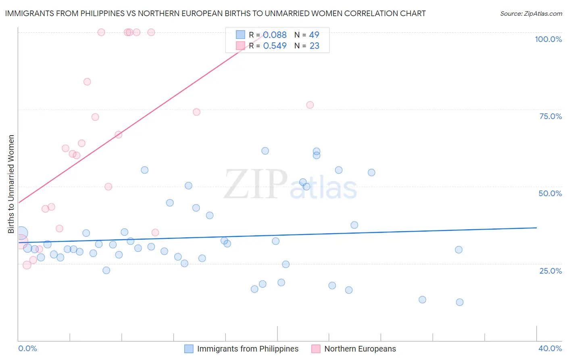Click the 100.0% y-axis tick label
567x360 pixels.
click(548, 39)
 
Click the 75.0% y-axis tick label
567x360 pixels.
click(550, 116)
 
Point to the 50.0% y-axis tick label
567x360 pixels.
click(550, 193)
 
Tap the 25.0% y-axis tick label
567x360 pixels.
click(550, 271)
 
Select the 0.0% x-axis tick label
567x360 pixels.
click(28, 348)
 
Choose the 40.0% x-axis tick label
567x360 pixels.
click(550, 348)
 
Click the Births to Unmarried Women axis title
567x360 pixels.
click(11, 184)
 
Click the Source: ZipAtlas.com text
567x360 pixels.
click(531, 14)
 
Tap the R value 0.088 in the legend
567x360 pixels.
click(275, 35)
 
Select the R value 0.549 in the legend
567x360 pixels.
click(275, 46)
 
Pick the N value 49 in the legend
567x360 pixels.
click(314, 35)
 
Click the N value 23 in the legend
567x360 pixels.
click(314, 46)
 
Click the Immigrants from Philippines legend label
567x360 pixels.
click(248, 349)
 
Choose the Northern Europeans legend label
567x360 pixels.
click(360, 349)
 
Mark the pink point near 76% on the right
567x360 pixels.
click(310, 105)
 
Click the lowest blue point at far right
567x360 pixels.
click(459, 302)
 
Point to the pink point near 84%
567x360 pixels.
click(87, 82)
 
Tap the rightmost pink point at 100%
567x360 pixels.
click(151, 32)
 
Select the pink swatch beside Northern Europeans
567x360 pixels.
click(316, 349)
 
